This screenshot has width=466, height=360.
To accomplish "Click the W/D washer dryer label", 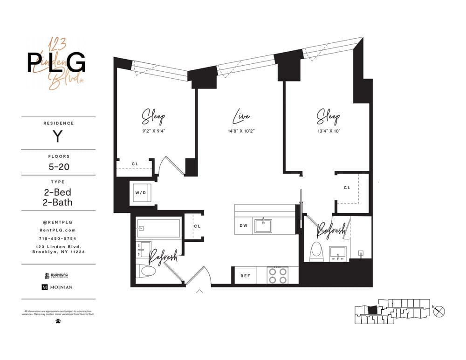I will coord(141,192).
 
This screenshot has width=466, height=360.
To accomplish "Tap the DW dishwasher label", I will coord(243,226).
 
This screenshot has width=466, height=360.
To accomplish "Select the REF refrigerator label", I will coord(245,276).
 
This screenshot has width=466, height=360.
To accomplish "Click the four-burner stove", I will coord(277,275).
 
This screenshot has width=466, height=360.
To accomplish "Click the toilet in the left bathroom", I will coord(148,271).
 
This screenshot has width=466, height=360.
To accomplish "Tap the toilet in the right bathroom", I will coord(317,251).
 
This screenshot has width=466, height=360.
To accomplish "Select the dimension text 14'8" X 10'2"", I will coord(241,131).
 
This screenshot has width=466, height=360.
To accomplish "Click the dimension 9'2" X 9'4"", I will coord(153,131).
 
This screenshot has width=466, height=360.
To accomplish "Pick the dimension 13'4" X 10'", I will coord(328,131).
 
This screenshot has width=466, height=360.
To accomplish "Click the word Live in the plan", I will coord(241,116).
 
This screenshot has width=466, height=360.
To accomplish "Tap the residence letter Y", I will coord(57,137).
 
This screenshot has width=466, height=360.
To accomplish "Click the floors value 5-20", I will coord(58,166).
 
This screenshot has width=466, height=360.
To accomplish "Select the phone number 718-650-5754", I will coord(58,238).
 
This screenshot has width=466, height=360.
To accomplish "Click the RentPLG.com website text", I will coord(58,230).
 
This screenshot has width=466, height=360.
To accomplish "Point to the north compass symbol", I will coord(439,312).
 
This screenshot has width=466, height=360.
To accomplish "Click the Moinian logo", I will coord(58,287).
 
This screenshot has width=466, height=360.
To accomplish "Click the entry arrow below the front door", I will coord(200,292).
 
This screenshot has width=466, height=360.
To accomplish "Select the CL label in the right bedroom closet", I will coord(347,188).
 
